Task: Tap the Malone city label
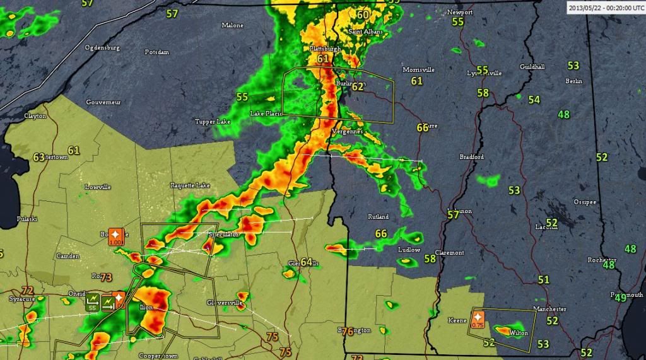(232, 25)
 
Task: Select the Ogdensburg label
(102, 47)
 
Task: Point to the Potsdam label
(157, 52)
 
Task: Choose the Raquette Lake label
(190, 185)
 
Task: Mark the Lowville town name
(98, 187)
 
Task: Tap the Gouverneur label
(103, 102)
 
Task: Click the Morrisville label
(419, 69)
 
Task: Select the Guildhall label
(532, 66)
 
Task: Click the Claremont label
(449, 252)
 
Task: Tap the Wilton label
(519, 332)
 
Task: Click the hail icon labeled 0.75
(478, 319)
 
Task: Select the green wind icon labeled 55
(93, 301)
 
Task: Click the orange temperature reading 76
(347, 332)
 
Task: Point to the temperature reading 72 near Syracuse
(27, 290)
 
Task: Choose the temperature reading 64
(307, 262)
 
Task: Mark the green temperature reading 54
(534, 100)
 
